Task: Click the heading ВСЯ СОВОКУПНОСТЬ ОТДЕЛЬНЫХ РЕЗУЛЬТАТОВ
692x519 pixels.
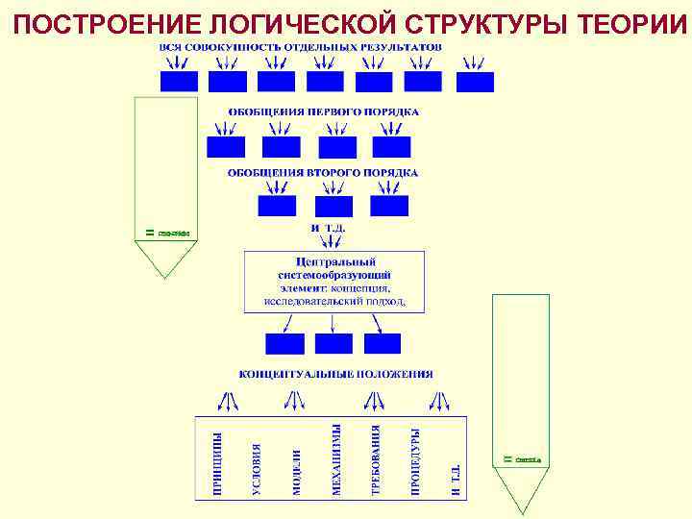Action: click(301, 46)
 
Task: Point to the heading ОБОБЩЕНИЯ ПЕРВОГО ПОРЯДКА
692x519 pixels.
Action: click(323, 111)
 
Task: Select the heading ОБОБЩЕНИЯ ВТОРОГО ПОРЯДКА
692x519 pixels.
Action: click(323, 173)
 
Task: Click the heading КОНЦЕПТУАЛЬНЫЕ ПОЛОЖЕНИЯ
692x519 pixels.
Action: click(335, 374)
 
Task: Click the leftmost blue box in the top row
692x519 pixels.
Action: click(179, 82)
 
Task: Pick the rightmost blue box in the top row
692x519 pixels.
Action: click(475, 82)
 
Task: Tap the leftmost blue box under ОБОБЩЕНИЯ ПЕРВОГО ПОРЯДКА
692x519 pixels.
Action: click(226, 147)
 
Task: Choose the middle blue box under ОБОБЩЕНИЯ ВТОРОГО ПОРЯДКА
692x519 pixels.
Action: click(334, 206)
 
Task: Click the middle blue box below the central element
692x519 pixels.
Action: click(334, 343)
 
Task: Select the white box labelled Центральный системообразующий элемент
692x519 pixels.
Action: click(334, 281)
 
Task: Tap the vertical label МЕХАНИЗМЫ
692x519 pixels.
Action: click(336, 461)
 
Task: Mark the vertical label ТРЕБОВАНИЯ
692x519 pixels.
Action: click(376, 461)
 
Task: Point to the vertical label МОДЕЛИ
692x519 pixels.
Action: click(297, 471)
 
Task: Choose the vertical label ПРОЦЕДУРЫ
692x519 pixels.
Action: click(415, 463)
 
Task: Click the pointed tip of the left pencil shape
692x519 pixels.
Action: click(165, 277)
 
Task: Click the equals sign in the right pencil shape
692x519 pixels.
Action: click(507, 459)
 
